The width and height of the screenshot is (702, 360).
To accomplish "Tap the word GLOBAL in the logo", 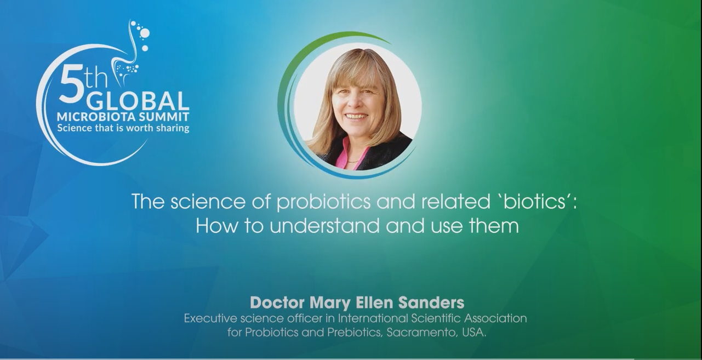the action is click(138, 101).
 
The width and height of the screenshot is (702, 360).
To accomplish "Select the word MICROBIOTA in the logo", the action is click(96, 117).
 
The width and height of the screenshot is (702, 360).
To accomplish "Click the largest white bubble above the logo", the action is click(145, 33).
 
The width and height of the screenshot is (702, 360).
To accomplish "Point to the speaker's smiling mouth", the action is click(356, 116).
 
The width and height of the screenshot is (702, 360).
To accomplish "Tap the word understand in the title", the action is click(324, 226).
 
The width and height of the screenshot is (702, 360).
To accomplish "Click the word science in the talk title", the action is click(208, 202).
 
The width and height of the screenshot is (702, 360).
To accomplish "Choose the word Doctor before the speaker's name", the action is click(277, 302).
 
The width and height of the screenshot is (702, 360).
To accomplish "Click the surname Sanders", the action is click(431, 302).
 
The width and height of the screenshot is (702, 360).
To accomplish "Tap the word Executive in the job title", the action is click(210, 319).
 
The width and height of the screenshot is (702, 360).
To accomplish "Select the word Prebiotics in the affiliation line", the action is click(355, 333).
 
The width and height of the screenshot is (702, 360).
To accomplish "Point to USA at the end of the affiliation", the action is click(474, 333).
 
